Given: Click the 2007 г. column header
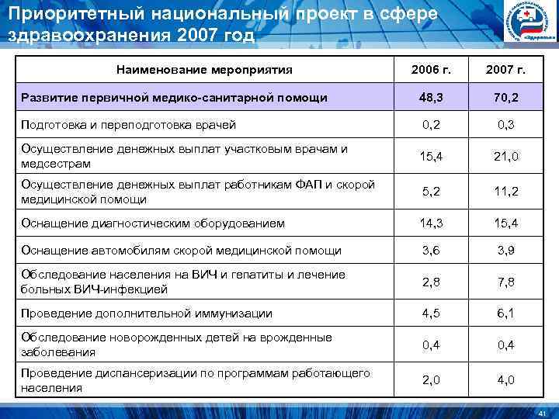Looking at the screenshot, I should [x=504, y=70].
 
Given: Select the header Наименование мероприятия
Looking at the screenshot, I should [x=204, y=70].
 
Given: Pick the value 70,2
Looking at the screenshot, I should [x=504, y=98].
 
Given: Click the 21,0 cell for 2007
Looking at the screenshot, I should [x=504, y=157].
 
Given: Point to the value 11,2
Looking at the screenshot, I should [x=504, y=192].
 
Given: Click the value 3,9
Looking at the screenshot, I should [x=504, y=251].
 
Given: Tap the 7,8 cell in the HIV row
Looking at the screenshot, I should [x=504, y=282].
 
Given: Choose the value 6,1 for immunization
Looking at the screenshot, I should [x=504, y=313].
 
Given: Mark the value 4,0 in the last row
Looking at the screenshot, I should [x=504, y=380].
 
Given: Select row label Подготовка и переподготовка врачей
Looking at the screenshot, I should [x=128, y=124].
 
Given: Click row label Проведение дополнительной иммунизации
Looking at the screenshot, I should [x=147, y=313].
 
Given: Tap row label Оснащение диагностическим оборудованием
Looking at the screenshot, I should [x=153, y=223].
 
